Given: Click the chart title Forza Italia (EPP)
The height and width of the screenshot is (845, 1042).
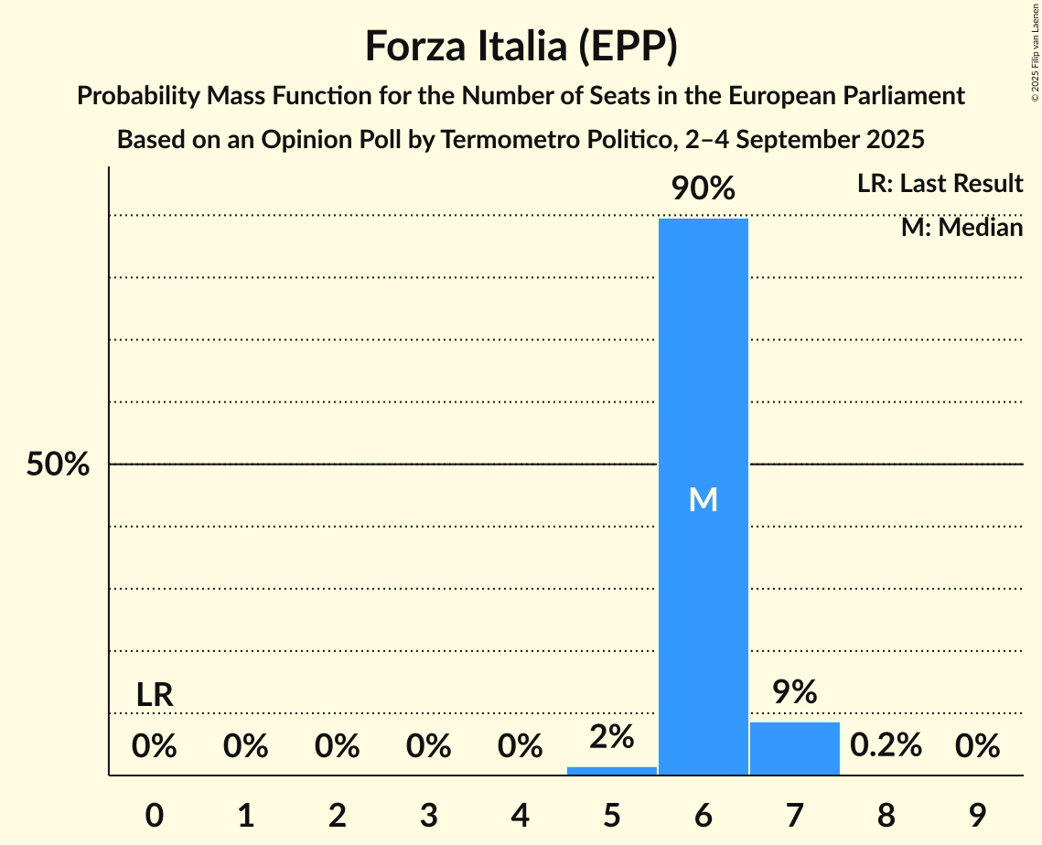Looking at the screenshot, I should coord(521,46).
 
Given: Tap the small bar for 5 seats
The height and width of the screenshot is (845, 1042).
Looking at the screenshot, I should coord(611,770).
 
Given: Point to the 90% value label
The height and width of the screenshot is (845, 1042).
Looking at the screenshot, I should coord(703,189).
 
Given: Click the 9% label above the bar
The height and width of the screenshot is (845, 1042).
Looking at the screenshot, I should coord(794,692).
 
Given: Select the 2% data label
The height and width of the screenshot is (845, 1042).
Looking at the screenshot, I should coord(611,736).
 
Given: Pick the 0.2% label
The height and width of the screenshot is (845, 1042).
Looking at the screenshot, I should coord(886,746).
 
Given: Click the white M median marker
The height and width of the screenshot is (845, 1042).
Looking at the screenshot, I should coord(703,499).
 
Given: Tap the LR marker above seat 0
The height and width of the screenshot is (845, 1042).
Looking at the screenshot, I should coord(155,695).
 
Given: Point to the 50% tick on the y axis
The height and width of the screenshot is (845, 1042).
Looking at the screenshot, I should coord(58,465).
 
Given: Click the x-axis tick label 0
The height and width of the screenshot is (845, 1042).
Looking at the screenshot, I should coord(155,816).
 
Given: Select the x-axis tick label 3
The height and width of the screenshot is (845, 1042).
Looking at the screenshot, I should coord(429,816).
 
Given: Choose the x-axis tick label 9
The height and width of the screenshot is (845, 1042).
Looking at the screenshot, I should coord(977,816).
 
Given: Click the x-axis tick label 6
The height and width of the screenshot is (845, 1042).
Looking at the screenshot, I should coord(703,816).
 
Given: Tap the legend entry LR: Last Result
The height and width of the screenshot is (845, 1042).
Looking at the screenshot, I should coord(940,184).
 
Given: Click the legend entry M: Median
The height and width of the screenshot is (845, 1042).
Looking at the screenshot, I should coord(961,227).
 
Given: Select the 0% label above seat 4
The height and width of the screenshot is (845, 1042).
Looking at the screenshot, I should coord(520,746).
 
